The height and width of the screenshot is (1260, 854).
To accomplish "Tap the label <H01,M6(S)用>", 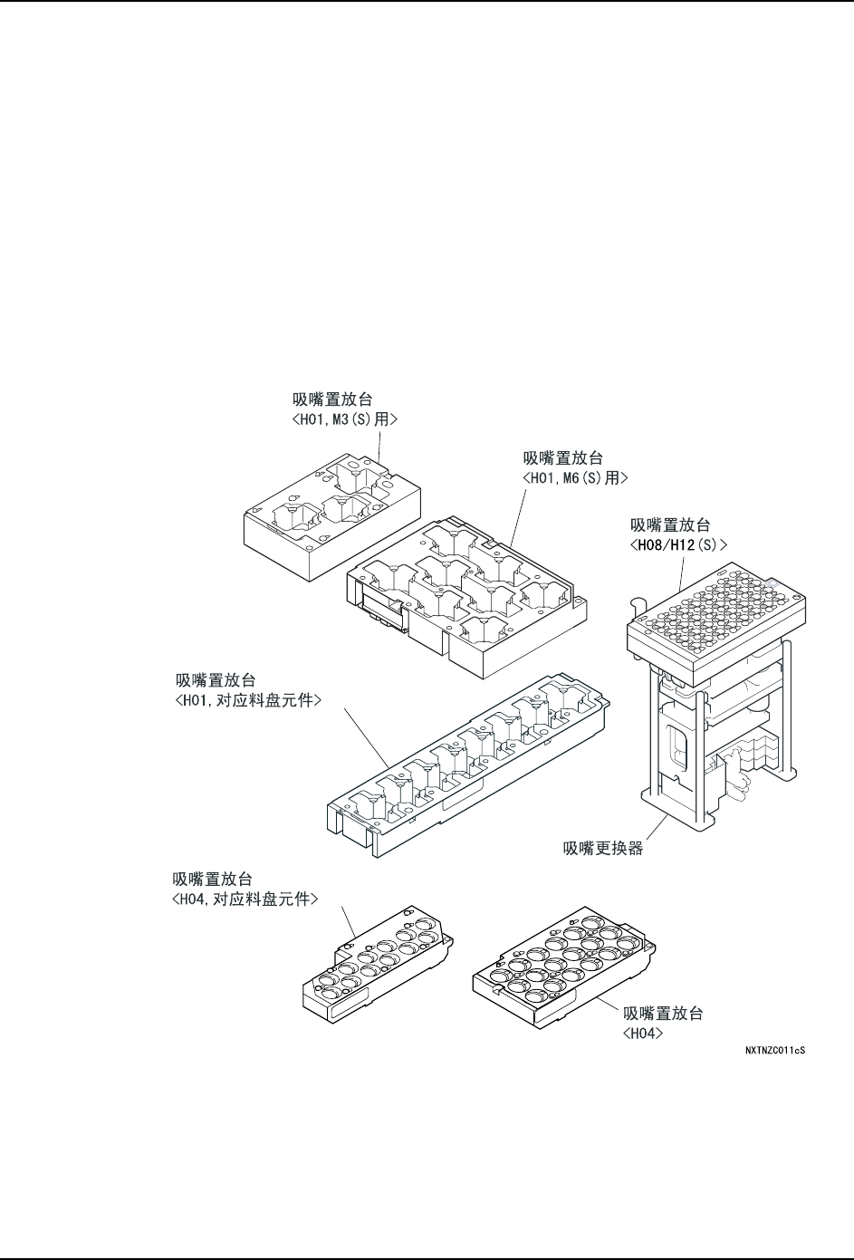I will tap(576, 477).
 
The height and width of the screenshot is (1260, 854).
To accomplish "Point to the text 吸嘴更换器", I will tap(603, 849).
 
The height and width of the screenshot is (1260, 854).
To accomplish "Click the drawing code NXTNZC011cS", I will tap(775, 1052).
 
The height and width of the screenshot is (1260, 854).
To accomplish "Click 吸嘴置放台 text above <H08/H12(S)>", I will tap(671, 524).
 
